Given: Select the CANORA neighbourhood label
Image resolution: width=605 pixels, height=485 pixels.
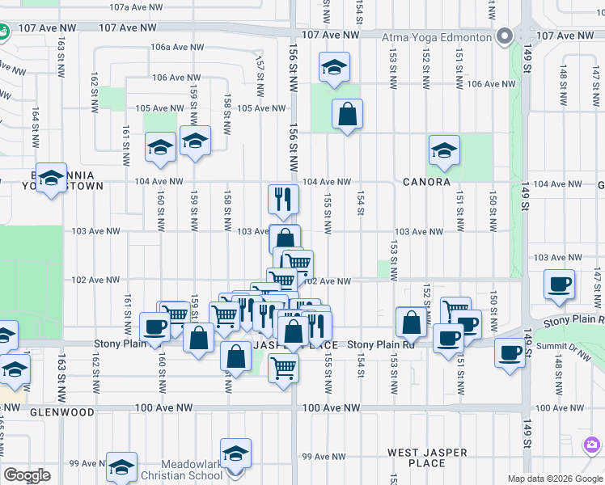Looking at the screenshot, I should coord(426,182).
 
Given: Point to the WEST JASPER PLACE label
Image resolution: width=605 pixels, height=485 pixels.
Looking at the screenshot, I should coord(425,459).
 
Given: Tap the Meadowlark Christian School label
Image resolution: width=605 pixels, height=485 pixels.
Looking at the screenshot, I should coord(171,469).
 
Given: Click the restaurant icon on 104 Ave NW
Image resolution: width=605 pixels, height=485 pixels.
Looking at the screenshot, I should coord(283,200).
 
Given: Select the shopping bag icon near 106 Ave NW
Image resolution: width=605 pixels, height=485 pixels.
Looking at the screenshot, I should coord(347,115).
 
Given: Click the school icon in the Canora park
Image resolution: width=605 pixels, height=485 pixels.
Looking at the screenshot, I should coord(443,150).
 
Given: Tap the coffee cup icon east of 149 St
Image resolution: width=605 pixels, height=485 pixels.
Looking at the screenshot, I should coord(559,285).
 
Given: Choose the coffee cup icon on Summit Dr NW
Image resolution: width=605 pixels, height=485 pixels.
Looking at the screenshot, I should coord(510,353).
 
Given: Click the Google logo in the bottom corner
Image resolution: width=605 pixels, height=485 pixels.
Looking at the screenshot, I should coord(27,475).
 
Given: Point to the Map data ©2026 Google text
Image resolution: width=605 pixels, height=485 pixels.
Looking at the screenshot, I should coord(554,479).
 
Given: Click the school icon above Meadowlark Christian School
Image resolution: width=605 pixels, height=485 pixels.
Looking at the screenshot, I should coord(235,453).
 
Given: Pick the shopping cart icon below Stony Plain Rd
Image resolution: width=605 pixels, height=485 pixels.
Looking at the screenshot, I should coord(284,368).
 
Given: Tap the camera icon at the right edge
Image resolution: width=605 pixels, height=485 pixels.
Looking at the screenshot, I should coord(593,445).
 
